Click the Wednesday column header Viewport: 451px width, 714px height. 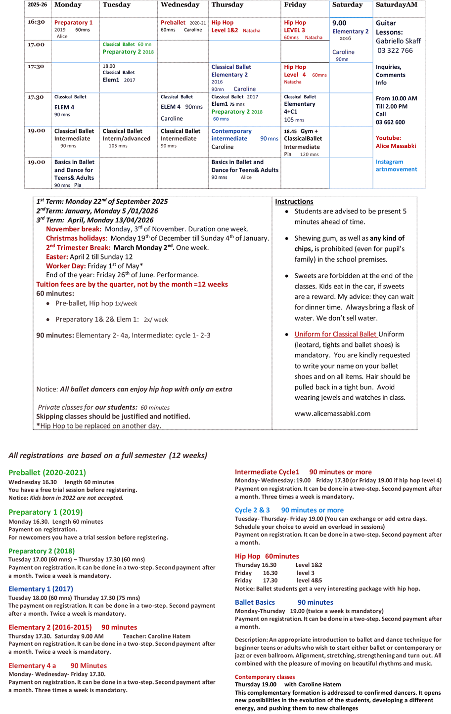[180, 5]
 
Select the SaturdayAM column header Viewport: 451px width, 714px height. [397, 5]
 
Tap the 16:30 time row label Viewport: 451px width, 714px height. [37, 22]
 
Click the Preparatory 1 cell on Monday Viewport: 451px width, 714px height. [73, 23]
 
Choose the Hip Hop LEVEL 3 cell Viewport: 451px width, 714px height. [295, 26]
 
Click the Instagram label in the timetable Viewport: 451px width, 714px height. [389, 162]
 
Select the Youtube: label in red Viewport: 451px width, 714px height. [388, 138]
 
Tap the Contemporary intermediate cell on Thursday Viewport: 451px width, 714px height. [231, 135]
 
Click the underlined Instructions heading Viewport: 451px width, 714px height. [294, 202]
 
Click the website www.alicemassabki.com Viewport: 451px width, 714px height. [332, 414]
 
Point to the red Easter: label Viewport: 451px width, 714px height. [57, 257]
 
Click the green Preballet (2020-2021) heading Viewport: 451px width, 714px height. [47, 472]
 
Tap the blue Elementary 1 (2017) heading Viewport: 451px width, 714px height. [41, 589]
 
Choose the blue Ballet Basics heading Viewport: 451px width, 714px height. [255, 602]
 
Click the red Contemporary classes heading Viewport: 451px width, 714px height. [265, 677]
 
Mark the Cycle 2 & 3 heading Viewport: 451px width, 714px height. [252, 510]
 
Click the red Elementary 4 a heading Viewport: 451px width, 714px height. [32, 666]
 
